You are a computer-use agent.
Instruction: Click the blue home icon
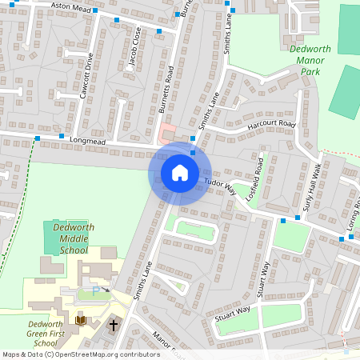click(180, 172)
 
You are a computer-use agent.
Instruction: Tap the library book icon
click(80, 321)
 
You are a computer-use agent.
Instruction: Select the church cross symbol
click(114, 326)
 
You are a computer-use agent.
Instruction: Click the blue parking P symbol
click(98, 292)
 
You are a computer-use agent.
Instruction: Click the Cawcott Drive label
click(88, 75)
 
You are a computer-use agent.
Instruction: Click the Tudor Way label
click(220, 187)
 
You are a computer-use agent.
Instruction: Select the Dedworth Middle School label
click(68, 238)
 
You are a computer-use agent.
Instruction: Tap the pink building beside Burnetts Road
click(167, 133)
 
